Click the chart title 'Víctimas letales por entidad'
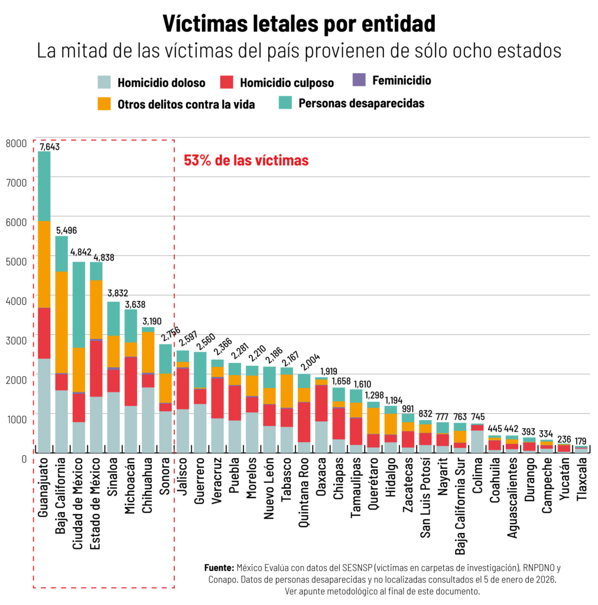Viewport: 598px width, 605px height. coord(299,24)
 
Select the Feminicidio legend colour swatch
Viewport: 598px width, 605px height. coord(359,80)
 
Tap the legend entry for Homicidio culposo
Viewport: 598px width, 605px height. coord(277,82)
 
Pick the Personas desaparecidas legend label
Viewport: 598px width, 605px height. coord(362,103)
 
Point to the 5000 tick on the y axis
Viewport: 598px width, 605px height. coord(16,262)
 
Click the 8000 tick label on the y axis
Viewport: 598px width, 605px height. coord(16,144)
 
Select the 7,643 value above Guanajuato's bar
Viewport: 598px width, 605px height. coord(50,147)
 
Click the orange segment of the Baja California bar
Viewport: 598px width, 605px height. coord(61,322)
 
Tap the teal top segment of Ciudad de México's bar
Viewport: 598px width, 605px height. coord(79,305)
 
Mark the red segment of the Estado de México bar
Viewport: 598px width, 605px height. coord(96,369)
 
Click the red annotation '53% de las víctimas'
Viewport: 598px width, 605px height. coord(246,161)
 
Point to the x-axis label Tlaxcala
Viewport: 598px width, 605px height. coord(581,479)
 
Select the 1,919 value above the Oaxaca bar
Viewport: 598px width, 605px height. coord(329,371)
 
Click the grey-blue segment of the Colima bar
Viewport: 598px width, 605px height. coord(477,442)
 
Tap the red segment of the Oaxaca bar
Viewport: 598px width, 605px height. coord(321,403)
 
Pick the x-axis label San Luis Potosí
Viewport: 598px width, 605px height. coord(425,497)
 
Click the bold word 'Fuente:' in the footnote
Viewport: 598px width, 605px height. coord(219,568)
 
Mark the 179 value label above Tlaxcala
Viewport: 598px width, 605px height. coord(580,441)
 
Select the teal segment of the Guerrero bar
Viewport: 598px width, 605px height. coord(200,370)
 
